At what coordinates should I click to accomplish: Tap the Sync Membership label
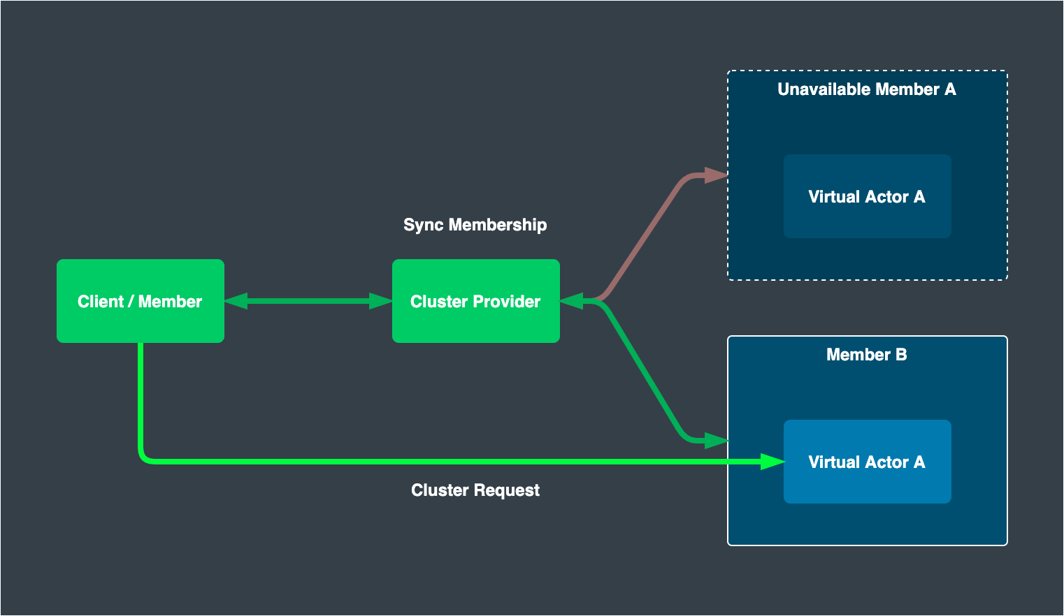pos(475,225)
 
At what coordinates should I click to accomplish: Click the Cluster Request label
pos(475,490)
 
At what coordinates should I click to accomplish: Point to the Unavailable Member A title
pos(866,89)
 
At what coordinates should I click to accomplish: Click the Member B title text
pos(866,355)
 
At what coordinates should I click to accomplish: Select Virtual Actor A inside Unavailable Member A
pos(867,197)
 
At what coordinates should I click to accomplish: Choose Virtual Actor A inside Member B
pos(867,462)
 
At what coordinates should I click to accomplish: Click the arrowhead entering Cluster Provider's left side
pos(381,301)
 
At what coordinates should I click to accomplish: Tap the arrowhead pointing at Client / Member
pos(236,301)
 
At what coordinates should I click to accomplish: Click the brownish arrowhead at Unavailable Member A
pos(716,175)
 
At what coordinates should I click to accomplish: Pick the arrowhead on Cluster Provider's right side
pos(572,301)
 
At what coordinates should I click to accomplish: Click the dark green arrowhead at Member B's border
pos(716,441)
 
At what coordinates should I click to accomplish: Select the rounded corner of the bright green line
pos(144,457)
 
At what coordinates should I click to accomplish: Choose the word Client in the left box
pos(100,302)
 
